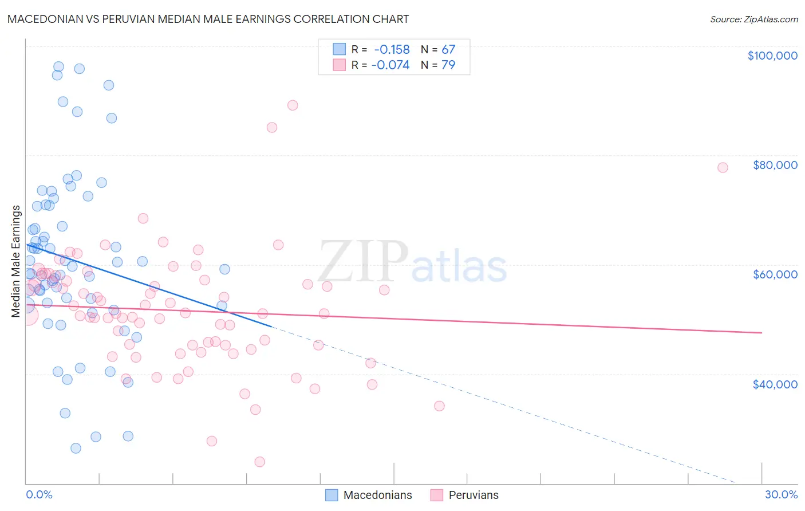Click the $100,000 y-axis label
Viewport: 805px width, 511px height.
772,56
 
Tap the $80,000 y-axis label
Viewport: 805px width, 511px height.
775,165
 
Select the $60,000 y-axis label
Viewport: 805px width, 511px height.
775,274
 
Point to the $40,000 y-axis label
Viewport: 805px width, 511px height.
775,384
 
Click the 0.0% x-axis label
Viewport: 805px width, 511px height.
39,494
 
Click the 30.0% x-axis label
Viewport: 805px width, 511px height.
781,494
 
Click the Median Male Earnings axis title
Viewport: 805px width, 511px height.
16,261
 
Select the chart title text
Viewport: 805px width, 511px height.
208,19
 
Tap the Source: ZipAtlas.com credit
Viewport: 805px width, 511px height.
753,19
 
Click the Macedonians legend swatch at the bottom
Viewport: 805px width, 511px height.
332,495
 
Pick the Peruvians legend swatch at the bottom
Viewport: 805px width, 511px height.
437,495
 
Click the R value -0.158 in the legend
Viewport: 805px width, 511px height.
392,49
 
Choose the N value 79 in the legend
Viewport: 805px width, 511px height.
448,65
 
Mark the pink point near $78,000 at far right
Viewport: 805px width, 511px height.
723,167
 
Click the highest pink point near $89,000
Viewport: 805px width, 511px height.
293,105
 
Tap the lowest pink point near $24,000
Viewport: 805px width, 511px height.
259,462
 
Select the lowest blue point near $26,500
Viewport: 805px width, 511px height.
76,448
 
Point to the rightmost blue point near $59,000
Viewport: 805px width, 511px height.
224,269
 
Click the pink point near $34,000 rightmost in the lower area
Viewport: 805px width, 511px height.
439,406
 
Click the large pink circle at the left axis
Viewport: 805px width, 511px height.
27,315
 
